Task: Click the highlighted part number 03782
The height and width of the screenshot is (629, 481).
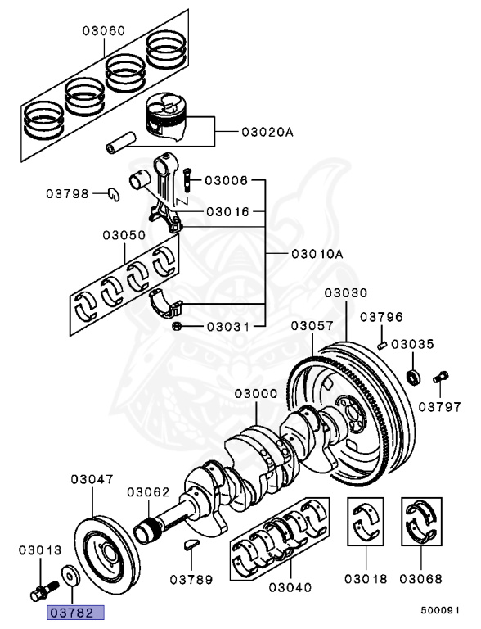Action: click(x=75, y=612)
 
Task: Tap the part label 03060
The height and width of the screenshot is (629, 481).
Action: click(x=103, y=31)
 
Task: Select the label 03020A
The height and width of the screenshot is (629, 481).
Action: click(x=266, y=131)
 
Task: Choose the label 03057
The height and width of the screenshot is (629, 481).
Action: click(x=311, y=326)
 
